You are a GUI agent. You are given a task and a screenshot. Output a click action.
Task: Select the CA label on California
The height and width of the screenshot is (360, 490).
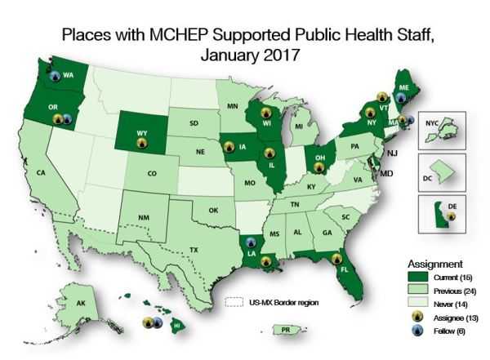point(39,172)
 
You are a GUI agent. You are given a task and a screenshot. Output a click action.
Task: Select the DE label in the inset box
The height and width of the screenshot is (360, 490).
point(451,207)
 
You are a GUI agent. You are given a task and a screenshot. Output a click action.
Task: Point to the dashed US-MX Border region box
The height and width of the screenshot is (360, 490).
point(235,302)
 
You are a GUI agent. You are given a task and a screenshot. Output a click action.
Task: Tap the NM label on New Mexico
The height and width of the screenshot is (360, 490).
point(143,217)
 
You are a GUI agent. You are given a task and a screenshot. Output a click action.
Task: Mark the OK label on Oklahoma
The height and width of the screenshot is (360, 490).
point(213,210)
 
